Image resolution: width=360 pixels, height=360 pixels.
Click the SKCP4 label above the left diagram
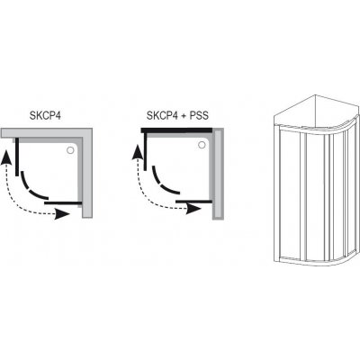point(45,115)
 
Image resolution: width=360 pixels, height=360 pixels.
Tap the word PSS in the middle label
point(198,115)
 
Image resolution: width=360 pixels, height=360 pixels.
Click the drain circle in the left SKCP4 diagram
point(71,150)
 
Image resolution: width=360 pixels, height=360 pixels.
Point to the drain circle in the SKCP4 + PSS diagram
point(202,145)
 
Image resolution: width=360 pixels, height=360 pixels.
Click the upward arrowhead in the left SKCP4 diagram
point(6,157)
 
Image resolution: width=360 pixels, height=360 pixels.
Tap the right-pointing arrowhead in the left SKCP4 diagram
point(62,214)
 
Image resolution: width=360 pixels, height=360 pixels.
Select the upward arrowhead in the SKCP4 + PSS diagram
point(138,152)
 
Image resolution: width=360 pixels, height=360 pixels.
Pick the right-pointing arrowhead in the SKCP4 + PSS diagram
point(193,209)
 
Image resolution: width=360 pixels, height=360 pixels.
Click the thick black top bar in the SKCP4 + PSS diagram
point(176,130)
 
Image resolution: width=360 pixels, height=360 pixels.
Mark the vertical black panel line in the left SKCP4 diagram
point(17,157)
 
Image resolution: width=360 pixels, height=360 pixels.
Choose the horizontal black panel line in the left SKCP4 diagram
point(63,203)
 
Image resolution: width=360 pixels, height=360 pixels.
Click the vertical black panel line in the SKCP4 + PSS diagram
point(145,151)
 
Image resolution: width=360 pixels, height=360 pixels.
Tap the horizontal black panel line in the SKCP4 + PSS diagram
point(194,201)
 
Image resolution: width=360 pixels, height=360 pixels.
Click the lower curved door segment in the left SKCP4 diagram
point(39,195)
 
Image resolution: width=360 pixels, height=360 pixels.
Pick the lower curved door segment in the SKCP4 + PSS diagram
point(170,190)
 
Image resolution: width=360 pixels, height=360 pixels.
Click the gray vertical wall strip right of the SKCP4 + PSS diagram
point(218,174)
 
